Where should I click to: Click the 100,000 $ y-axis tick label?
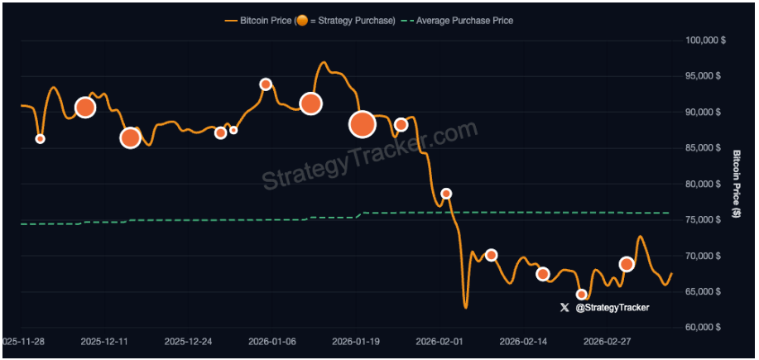pyautogui.click(x=704, y=40)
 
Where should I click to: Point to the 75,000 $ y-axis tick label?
pyautogui.click(x=704, y=219)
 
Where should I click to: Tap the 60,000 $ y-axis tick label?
pyautogui.click(x=704, y=327)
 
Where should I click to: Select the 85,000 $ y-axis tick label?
pyautogui.click(x=704, y=147)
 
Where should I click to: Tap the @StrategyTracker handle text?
pyautogui.click(x=612, y=307)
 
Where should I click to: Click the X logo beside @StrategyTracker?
pyautogui.click(x=564, y=307)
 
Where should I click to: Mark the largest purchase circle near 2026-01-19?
pyautogui.click(x=363, y=124)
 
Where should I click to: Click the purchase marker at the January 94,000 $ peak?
pyautogui.click(x=266, y=84)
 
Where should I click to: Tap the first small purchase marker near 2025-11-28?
pyautogui.click(x=40, y=138)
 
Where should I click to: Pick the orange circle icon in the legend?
pyautogui.click(x=302, y=20)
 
